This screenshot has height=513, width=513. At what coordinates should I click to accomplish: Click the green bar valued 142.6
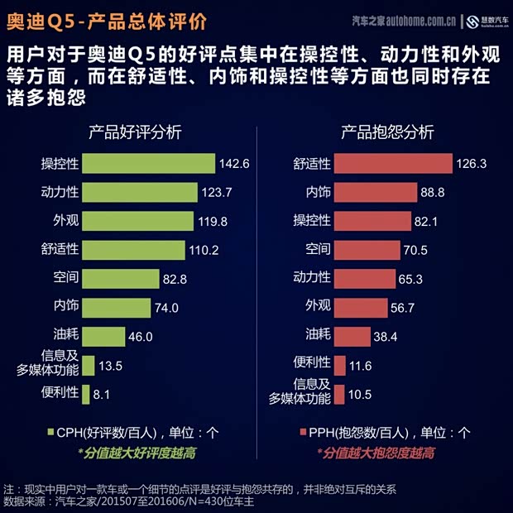coord(149,163)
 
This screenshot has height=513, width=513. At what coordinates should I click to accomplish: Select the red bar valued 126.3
coord(394,163)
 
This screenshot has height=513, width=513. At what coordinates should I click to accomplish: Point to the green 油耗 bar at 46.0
coord(103,336)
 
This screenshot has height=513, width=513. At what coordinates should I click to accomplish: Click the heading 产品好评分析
coord(136,132)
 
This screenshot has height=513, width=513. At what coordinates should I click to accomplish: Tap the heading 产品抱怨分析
coord(387,132)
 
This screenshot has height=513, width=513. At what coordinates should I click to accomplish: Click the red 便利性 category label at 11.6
coord(312,364)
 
